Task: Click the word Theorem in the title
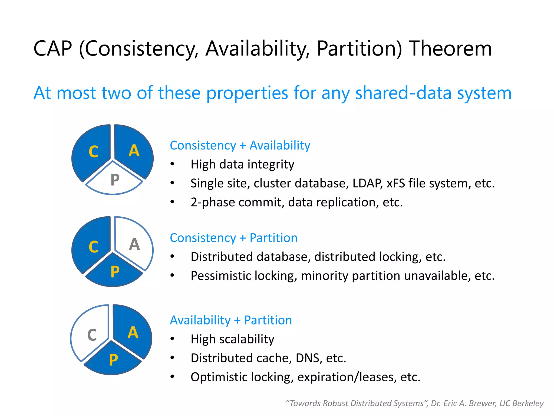tap(450, 49)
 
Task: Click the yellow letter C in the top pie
tap(93, 151)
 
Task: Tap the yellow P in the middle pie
tap(115, 272)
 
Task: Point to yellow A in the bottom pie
tap(133, 333)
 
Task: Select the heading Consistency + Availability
tap(240, 145)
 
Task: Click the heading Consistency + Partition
tap(233, 238)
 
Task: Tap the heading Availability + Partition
tap(231, 320)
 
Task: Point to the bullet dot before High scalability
tap(172, 339)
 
